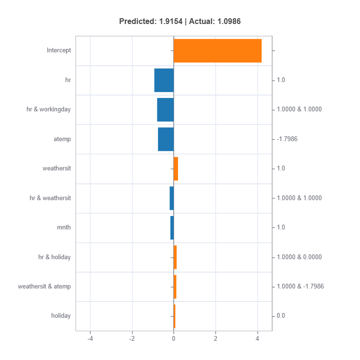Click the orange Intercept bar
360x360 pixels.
(x=217, y=51)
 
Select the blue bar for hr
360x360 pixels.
(x=164, y=80)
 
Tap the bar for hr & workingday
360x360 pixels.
(x=165, y=110)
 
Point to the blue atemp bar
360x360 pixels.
(x=166, y=139)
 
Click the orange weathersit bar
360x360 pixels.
(x=176, y=169)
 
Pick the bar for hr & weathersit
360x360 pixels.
(x=172, y=198)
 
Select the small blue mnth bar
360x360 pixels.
(x=172, y=228)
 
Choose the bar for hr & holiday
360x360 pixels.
(x=175, y=257)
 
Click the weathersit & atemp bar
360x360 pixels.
(x=175, y=287)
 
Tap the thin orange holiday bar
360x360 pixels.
(x=175, y=316)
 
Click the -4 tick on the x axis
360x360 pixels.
(x=90, y=339)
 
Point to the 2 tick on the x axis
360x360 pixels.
(x=216, y=339)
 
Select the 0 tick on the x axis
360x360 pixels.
(x=174, y=339)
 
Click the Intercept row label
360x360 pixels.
(x=59, y=50)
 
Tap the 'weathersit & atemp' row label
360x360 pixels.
(x=44, y=287)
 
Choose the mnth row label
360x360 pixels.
(x=64, y=228)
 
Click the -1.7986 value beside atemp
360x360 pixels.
(x=287, y=139)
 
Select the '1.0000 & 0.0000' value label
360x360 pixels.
(x=299, y=257)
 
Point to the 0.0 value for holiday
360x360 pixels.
(x=281, y=316)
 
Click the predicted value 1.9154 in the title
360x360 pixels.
(x=170, y=21)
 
